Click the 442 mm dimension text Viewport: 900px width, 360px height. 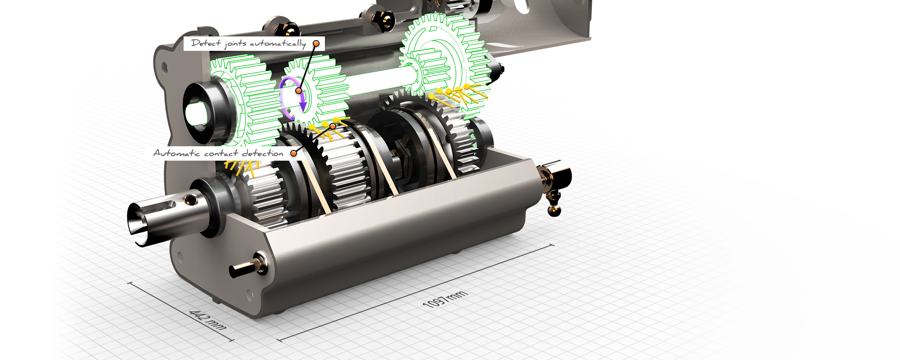point(207,319)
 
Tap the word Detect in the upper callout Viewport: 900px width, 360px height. point(206,43)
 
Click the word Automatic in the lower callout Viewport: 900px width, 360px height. point(176,153)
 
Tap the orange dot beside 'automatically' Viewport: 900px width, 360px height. point(316,44)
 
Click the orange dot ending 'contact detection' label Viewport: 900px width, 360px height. point(293,153)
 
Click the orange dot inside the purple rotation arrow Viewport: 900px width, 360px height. point(298,91)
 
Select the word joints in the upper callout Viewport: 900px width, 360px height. point(235,44)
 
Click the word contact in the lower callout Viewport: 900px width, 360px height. point(220,153)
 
